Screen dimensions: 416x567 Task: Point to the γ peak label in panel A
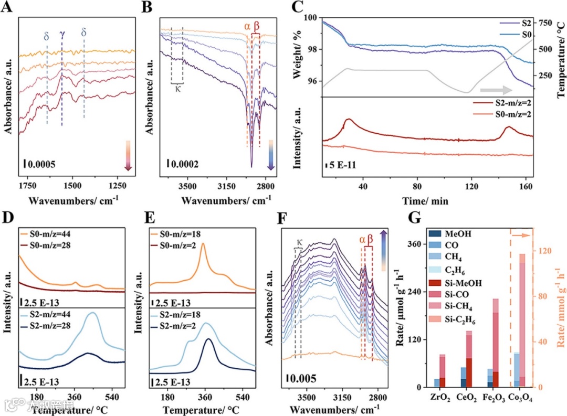[x=62, y=34]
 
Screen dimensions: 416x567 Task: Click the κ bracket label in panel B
[x=177, y=88]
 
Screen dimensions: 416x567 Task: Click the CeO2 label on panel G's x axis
[x=467, y=399]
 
